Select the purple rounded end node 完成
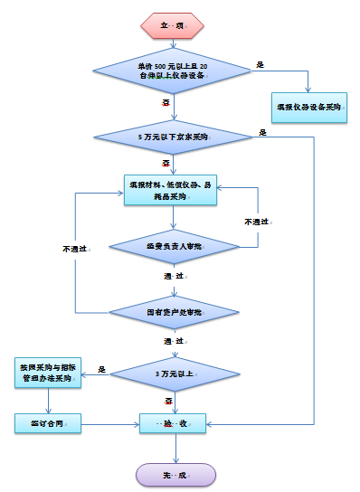175,474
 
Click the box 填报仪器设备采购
308,107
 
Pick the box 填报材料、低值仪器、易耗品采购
171,191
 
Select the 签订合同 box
50,422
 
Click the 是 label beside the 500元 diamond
261,65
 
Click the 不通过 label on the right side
256,221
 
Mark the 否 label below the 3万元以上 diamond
168,399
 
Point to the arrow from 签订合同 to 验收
110,422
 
